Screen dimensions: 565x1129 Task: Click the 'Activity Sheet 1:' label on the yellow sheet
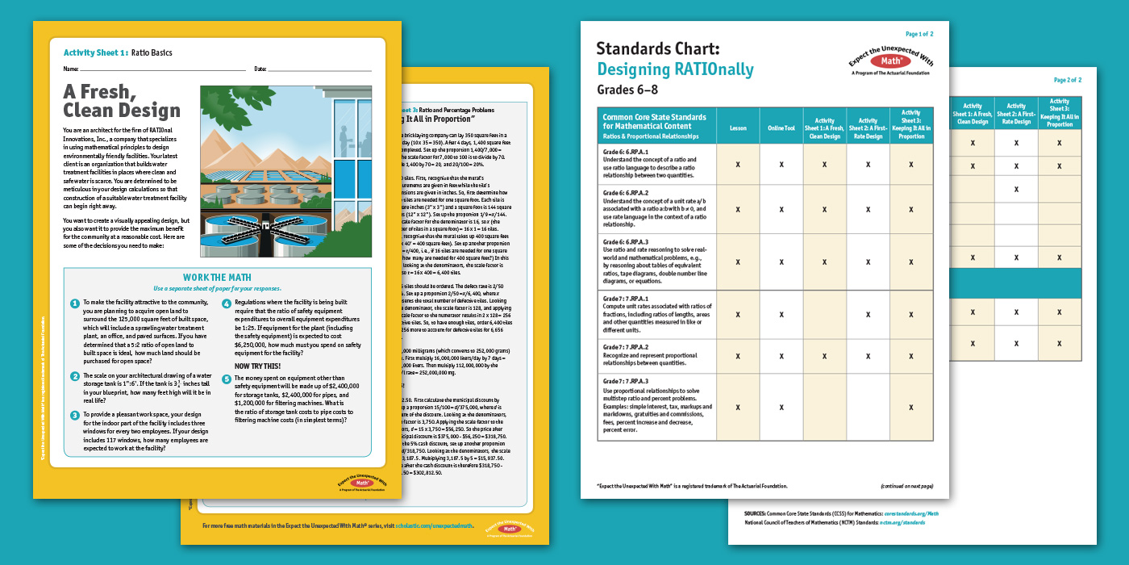point(96,53)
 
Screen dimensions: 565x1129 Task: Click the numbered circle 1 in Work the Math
point(74,303)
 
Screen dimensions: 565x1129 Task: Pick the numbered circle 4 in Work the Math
point(227,303)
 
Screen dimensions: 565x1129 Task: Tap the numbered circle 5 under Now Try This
point(227,379)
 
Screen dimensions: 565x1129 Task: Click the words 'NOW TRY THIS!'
point(258,366)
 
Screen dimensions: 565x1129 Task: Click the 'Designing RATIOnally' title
point(675,69)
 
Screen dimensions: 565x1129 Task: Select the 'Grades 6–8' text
point(628,89)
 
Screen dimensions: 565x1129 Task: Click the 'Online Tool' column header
point(781,128)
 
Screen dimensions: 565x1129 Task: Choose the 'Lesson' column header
point(738,128)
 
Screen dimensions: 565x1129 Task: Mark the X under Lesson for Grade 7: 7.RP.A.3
point(738,408)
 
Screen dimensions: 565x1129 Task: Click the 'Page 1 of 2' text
point(919,35)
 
